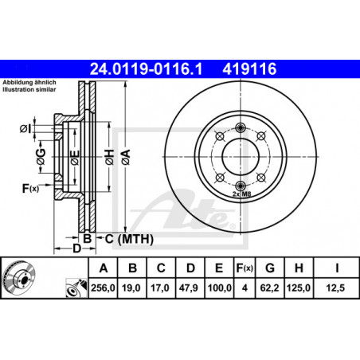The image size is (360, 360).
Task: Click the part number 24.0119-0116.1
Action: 146,68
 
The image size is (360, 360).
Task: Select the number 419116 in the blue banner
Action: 249,68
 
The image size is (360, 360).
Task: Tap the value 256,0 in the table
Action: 103,288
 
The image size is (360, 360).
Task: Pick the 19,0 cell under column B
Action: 131,288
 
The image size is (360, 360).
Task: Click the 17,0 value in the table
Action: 160,288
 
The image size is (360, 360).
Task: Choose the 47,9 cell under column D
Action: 189,288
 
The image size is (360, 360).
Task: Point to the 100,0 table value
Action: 220,288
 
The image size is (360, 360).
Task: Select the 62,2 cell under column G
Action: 269,288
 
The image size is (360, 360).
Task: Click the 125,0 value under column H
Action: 299,288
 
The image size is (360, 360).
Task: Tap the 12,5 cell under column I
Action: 335,288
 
